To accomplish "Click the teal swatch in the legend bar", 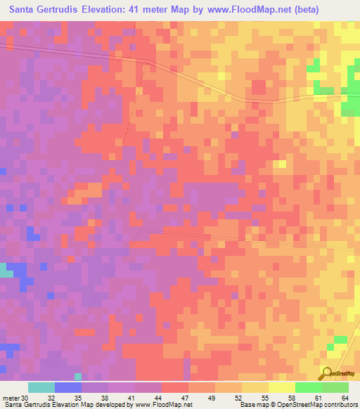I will point(41,387).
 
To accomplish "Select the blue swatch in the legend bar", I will point(67,387).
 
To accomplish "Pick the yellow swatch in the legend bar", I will point(281,387).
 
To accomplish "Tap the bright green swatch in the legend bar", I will point(308,387).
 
